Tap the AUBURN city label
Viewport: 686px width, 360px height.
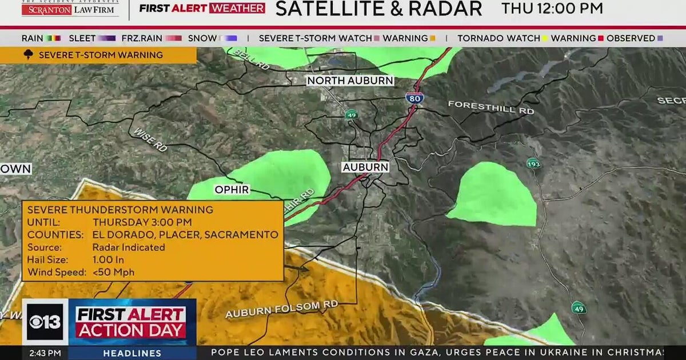pos(365,167)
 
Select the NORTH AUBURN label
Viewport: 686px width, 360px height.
pos(350,81)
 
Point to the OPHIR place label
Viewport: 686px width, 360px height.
pos(232,190)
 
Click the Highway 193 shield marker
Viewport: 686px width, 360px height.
pos(533,164)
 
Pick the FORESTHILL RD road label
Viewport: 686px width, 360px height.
pos(490,107)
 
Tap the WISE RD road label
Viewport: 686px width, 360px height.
pos(150,139)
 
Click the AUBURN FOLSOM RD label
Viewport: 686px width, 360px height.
pos(281,309)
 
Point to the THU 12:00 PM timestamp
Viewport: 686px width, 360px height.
pos(552,9)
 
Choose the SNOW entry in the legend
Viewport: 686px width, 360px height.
pos(202,38)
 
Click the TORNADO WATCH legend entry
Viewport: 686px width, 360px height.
pos(498,38)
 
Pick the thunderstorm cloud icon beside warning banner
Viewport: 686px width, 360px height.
pos(29,55)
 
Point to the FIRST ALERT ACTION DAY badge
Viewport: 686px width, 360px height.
pos(131,322)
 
